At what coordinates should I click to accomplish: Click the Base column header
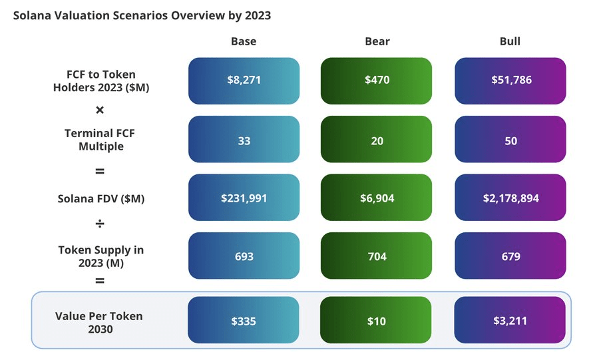click(x=244, y=41)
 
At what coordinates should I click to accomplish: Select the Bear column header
click(x=377, y=41)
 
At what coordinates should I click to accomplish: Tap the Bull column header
click(x=510, y=41)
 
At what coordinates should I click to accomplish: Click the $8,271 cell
click(x=244, y=81)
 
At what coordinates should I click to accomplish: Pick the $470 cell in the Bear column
click(x=377, y=81)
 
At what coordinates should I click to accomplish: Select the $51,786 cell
click(x=510, y=81)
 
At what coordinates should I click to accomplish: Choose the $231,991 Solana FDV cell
click(x=244, y=198)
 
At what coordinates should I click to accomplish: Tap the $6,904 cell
click(x=377, y=198)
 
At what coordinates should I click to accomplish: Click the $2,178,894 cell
click(x=510, y=198)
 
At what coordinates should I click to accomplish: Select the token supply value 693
click(x=244, y=256)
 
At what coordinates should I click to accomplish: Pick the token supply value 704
click(x=377, y=256)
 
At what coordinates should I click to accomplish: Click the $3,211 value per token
click(x=510, y=321)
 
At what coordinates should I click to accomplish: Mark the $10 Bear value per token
click(x=377, y=321)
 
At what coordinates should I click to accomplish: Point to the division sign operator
click(x=100, y=224)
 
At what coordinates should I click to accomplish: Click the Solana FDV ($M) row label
click(x=100, y=198)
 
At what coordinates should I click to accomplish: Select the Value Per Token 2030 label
click(x=99, y=321)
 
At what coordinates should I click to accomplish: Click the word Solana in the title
click(x=32, y=15)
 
